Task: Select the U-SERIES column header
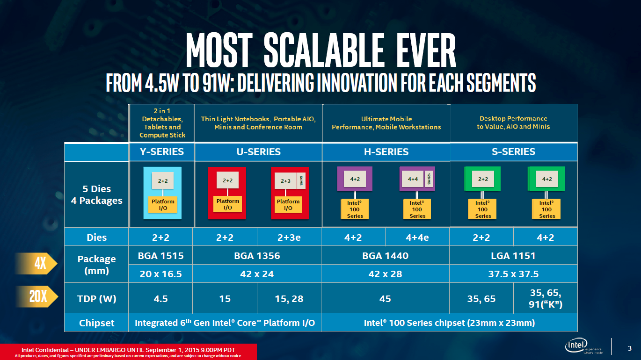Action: click(258, 151)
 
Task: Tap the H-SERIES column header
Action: click(386, 151)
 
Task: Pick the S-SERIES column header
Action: click(513, 151)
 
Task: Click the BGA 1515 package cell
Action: click(160, 256)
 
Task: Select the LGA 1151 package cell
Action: click(513, 256)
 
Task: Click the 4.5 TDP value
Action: click(160, 298)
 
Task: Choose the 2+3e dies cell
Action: click(289, 238)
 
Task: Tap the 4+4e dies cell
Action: click(417, 238)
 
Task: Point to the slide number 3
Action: click(629, 348)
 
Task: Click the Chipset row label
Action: click(96, 323)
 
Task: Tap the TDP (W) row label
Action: click(96, 298)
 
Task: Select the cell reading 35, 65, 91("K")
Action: click(545, 298)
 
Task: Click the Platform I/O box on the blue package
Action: click(163, 204)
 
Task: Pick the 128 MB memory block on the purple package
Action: click(429, 178)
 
